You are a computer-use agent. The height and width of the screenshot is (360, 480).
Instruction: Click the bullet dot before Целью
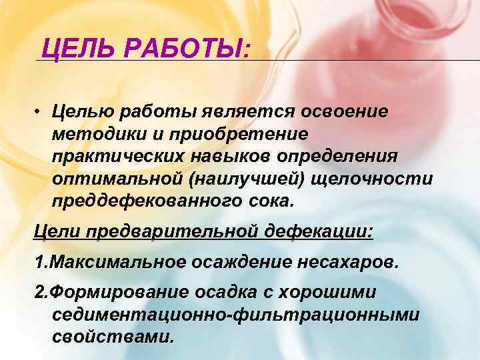pos(40,111)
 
